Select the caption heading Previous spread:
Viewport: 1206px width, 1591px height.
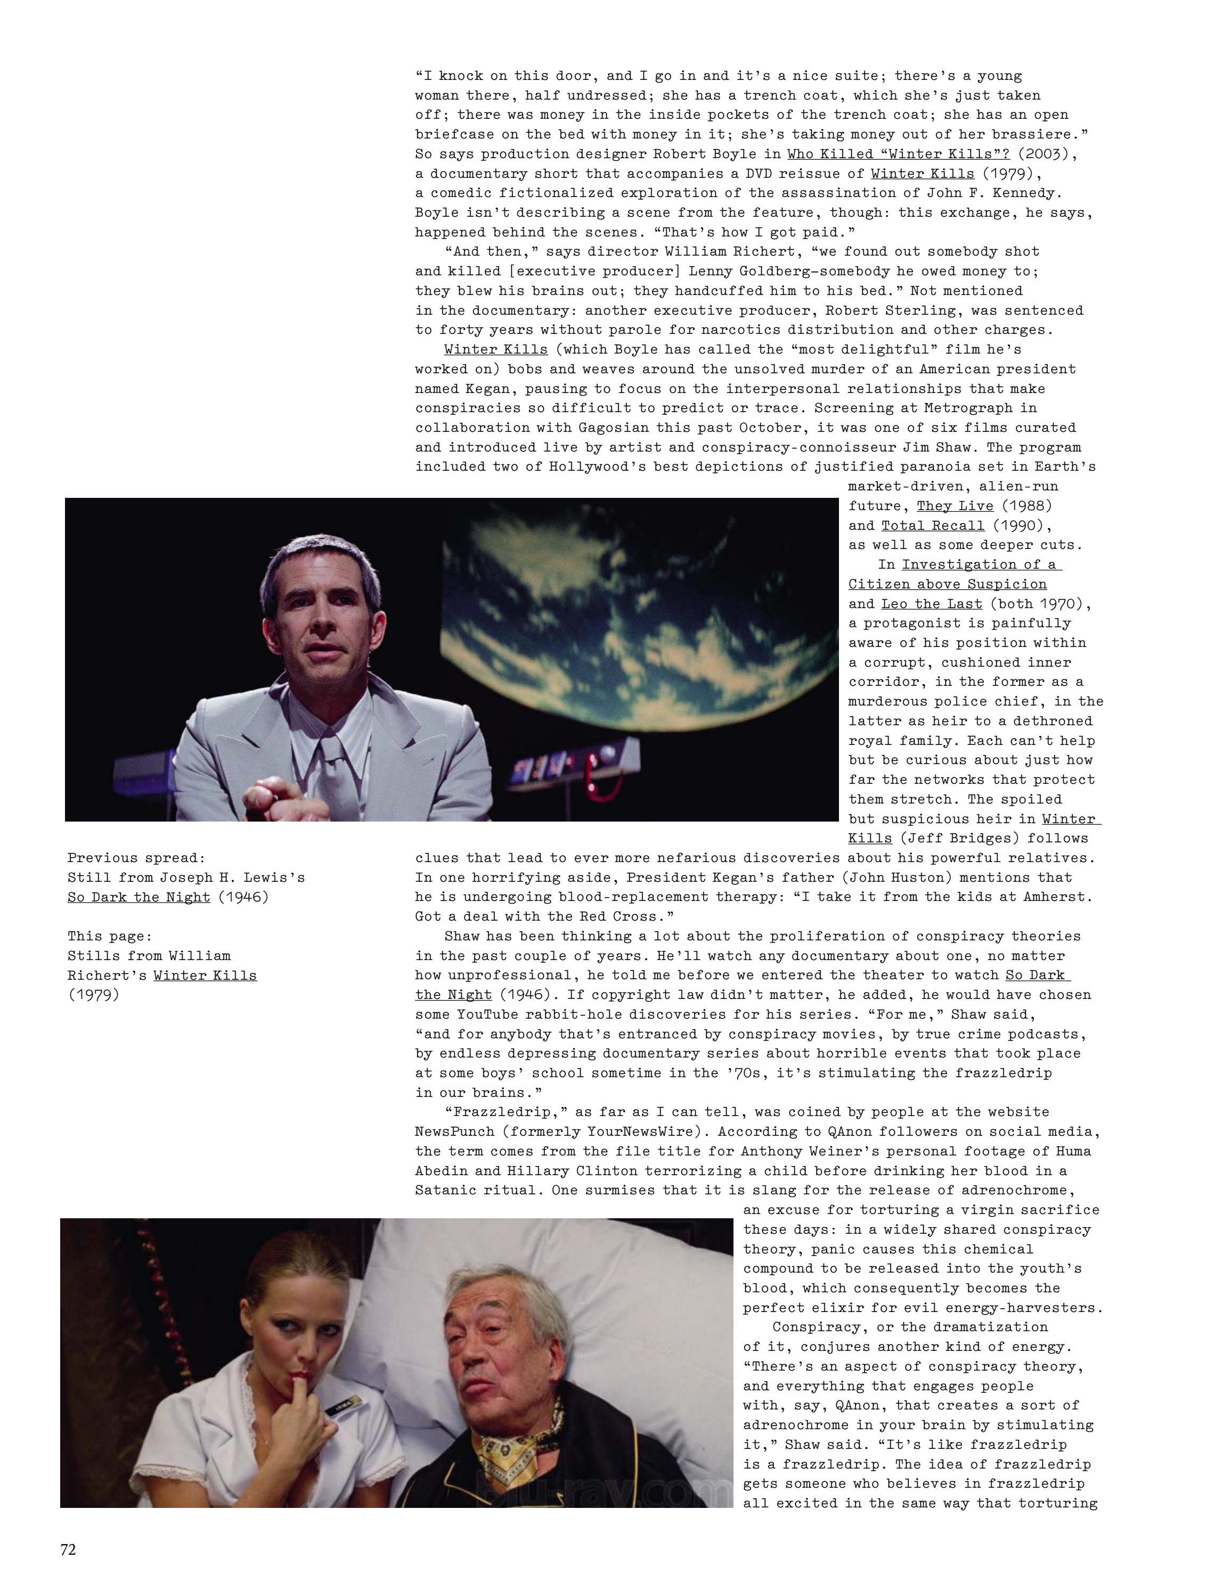click(x=137, y=857)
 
